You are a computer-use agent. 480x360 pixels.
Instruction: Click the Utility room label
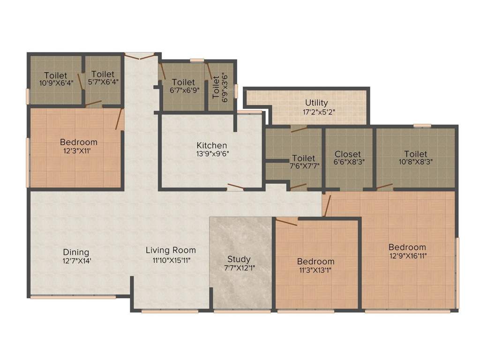(x=316, y=103)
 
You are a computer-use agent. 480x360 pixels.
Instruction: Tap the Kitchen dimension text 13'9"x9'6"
(x=212, y=153)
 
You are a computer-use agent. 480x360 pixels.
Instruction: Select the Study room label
(x=239, y=259)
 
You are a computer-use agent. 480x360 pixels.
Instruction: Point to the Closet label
(x=347, y=154)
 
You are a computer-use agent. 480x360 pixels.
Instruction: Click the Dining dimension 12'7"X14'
(x=76, y=261)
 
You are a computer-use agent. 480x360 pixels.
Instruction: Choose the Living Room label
(x=171, y=250)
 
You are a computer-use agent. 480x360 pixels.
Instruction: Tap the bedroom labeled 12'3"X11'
(x=78, y=142)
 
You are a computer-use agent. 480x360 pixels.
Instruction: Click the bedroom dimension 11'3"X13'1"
(x=315, y=270)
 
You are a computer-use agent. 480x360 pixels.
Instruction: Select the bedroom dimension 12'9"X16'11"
(x=407, y=255)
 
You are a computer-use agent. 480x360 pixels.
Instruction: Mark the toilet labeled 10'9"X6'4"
(x=56, y=75)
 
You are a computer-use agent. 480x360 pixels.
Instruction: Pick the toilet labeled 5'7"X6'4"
(x=103, y=74)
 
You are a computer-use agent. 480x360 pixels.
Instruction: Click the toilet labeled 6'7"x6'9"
(x=183, y=82)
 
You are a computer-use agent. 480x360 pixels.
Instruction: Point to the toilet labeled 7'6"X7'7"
(x=303, y=158)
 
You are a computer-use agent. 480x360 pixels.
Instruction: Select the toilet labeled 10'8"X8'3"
(x=415, y=154)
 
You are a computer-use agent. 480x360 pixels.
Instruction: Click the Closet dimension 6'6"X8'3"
(x=347, y=162)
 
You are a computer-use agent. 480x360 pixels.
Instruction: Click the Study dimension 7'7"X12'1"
(x=239, y=268)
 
